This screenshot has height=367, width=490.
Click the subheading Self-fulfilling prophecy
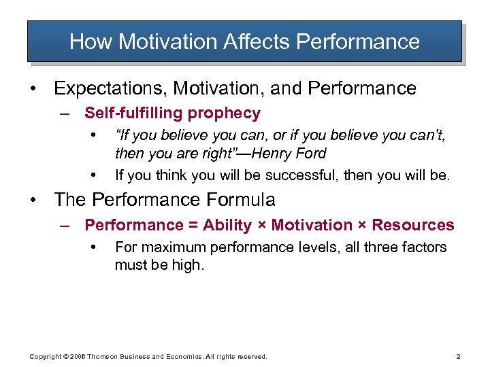tap(172, 113)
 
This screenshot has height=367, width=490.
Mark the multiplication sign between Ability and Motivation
tap(262, 226)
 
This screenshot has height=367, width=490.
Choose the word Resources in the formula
tap(413, 225)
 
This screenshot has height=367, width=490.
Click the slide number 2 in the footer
tap(458, 356)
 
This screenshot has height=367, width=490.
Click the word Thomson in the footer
tap(103, 356)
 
